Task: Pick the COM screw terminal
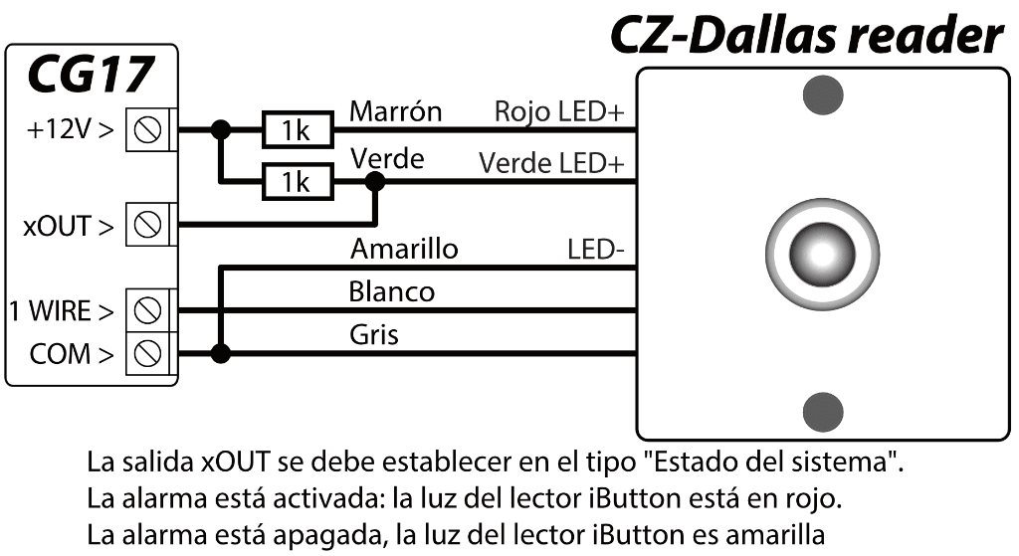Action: (148, 352)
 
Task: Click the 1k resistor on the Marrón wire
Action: (293, 130)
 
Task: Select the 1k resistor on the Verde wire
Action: (293, 181)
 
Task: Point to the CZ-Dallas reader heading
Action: (807, 36)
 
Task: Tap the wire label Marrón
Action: (395, 112)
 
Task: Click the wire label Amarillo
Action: (404, 249)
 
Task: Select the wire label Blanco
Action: (392, 292)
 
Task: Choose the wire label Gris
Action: (374, 335)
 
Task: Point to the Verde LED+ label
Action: (557, 162)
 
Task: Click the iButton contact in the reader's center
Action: (822, 253)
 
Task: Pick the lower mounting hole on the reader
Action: (822, 409)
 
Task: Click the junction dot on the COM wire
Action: (221, 352)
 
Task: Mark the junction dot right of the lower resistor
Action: (375, 181)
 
